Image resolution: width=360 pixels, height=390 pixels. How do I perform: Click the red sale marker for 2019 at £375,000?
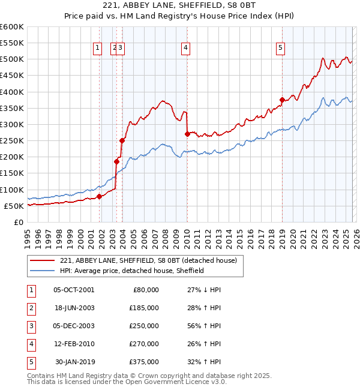coord(282,100)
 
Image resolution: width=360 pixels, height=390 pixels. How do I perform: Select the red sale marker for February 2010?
coord(187,134)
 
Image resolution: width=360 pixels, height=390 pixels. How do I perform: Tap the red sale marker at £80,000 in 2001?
coord(100,196)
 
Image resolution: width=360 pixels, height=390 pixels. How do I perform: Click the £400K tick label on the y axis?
coord(12,92)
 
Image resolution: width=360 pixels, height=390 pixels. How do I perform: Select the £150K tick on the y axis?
coord(12,173)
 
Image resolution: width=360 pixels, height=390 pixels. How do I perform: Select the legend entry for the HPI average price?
coord(132,271)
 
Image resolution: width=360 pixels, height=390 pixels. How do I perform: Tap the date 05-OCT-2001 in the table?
coord(74,290)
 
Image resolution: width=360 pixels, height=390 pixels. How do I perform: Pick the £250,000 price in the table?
coord(143,326)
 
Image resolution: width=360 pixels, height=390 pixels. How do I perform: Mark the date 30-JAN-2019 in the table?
coord(74,362)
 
